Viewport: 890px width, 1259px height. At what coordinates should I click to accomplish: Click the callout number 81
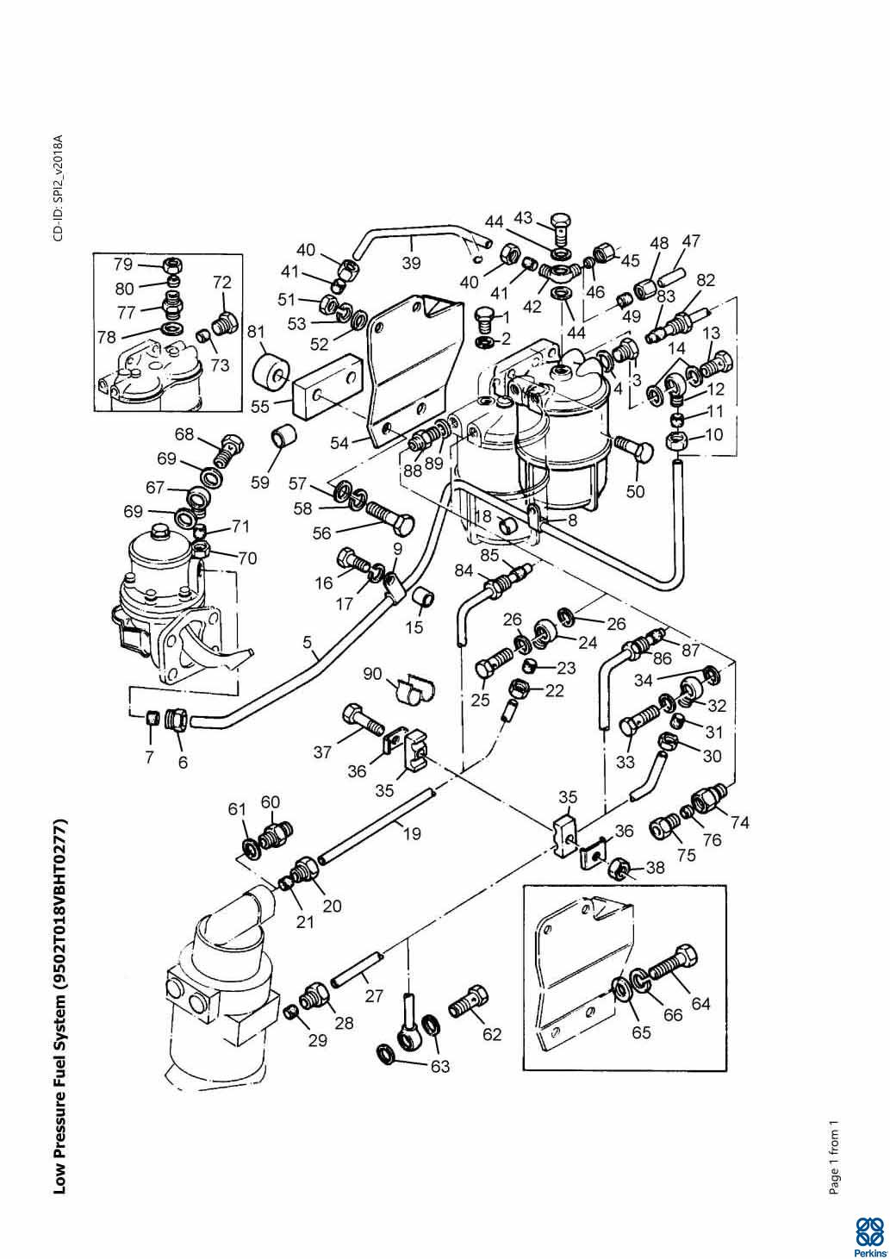(255, 332)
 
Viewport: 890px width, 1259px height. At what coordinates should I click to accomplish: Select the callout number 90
(372, 673)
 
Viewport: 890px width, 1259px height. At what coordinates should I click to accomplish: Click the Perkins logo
(869, 1233)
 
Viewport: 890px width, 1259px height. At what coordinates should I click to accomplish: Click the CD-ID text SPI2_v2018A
(58, 188)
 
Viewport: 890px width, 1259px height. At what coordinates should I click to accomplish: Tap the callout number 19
(411, 833)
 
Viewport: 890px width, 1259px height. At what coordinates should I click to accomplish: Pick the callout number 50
(636, 491)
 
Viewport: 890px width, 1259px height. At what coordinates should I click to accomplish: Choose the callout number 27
(373, 997)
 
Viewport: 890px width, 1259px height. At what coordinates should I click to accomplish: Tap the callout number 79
(124, 263)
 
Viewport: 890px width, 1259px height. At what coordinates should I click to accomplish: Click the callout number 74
(738, 822)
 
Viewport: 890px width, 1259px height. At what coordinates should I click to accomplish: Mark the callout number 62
(491, 1033)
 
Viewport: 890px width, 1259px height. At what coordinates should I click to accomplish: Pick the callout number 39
(411, 263)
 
